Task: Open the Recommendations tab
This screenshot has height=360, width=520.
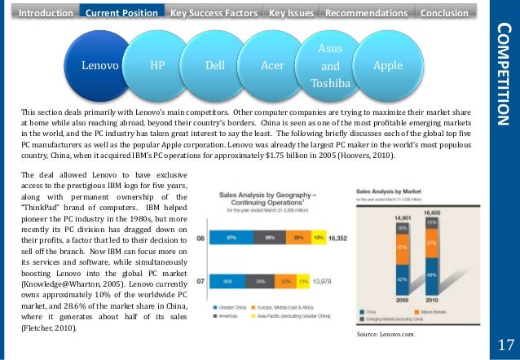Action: [x=367, y=13]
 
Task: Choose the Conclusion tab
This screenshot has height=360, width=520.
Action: [x=445, y=13]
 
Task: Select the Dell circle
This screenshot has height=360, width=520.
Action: [x=215, y=64]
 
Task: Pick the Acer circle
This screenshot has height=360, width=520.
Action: [x=272, y=64]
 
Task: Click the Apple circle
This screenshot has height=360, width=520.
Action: [x=387, y=64]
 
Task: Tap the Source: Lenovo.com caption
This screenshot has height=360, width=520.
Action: [x=386, y=335]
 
